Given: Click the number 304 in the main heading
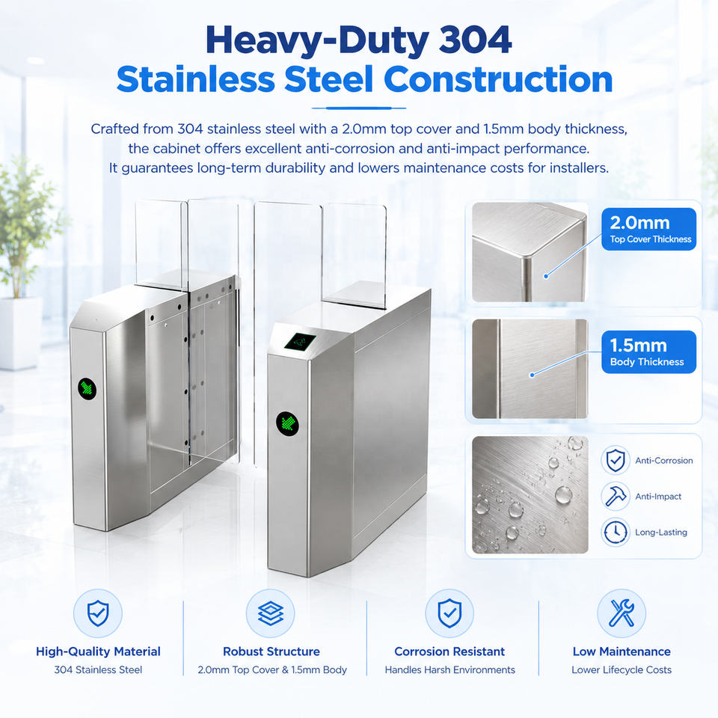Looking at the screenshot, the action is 475,40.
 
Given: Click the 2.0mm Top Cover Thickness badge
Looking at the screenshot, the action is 649,229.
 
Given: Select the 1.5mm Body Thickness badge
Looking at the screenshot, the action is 649,352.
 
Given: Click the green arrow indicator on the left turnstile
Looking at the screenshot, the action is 87,389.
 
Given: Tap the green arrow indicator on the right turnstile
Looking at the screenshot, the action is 287,423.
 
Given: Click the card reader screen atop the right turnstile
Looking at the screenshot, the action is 300,341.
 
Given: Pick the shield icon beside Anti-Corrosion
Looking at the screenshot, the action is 616,460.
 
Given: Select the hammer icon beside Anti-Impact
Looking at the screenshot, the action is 616,496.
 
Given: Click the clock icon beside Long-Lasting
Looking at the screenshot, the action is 616,532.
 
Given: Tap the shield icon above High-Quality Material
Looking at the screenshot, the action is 98,613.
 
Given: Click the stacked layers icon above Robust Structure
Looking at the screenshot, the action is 271,613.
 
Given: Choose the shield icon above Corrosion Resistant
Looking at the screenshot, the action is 449,613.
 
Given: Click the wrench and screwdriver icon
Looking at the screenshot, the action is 622,613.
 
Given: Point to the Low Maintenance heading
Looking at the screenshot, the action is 622,651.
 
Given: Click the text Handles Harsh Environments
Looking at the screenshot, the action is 449,670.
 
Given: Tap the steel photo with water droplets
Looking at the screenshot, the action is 530,494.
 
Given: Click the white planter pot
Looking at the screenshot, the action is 21,333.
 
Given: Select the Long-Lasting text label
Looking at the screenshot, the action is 660,532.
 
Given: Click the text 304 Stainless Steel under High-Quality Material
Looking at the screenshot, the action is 98,670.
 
